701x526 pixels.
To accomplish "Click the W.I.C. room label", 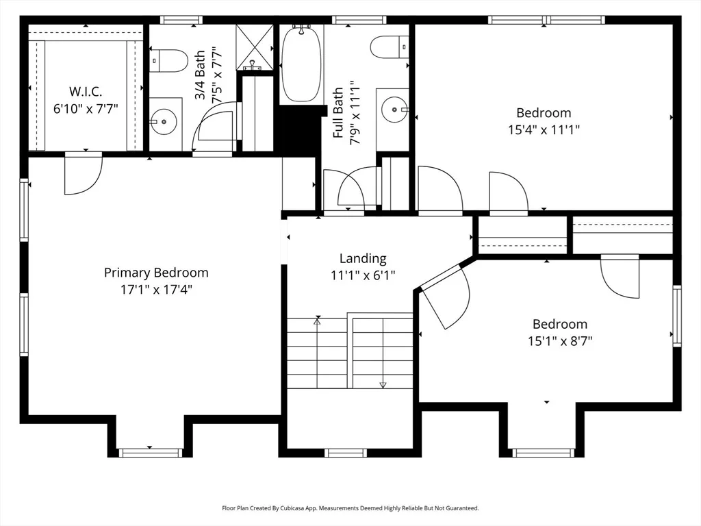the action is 86,92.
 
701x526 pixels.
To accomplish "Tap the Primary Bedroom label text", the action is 156,273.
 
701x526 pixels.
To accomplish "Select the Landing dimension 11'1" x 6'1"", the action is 363,275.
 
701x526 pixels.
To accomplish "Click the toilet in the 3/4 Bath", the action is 168,61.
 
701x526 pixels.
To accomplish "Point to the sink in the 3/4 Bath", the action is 164,121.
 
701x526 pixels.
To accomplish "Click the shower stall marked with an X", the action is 255,47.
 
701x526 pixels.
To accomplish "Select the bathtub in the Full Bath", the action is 301,64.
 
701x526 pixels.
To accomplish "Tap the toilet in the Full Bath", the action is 390,47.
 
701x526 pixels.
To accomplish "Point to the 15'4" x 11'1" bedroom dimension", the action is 544,129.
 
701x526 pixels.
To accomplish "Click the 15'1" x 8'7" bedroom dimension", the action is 560,341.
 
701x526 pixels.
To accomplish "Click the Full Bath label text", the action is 338,112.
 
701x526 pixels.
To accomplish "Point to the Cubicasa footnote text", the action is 350,508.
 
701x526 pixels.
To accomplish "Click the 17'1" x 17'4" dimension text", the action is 156,290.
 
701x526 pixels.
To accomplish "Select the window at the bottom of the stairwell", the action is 346,453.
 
